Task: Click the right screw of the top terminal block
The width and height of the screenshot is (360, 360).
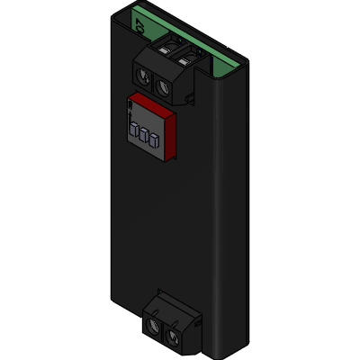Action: (166, 87)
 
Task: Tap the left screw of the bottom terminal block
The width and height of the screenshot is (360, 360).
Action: (156, 325)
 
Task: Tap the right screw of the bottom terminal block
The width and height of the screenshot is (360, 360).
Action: (176, 336)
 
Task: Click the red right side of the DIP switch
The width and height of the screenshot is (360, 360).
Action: (168, 130)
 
